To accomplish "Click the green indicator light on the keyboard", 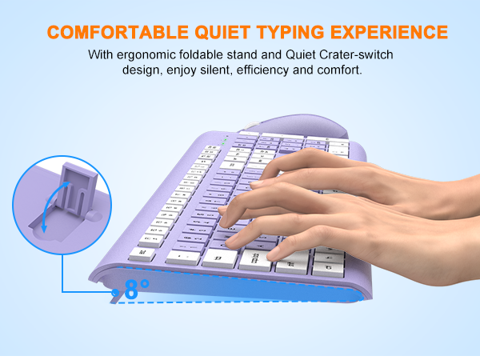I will click(225, 138).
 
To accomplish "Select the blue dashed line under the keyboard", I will click(240, 301).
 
